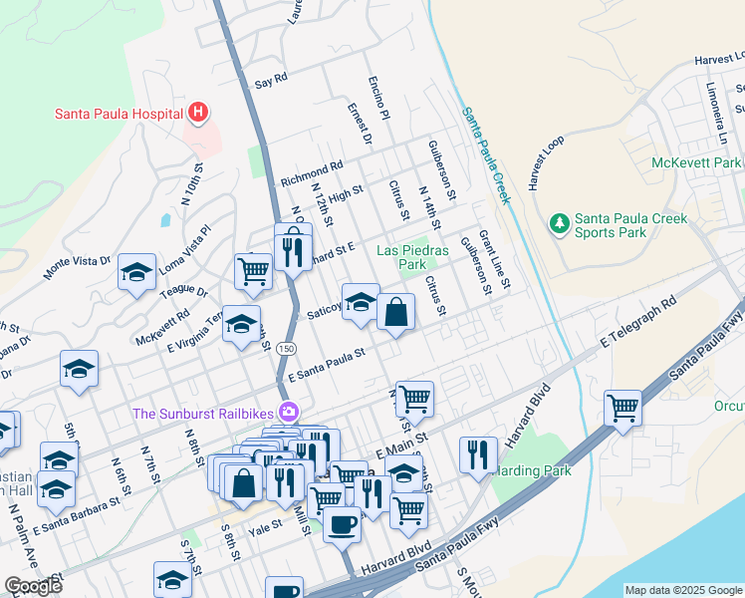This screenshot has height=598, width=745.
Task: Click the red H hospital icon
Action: click(198, 113)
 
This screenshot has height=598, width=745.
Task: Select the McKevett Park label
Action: click(696, 162)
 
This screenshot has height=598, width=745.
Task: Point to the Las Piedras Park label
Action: click(413, 257)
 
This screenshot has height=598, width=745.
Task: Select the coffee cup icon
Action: click(342, 522)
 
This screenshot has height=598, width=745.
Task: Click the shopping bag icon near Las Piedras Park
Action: click(395, 311)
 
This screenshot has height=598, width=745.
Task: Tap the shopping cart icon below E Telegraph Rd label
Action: click(622, 407)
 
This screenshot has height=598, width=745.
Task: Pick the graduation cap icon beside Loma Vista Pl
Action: click(136, 272)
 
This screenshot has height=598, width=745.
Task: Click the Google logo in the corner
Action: click(33, 586)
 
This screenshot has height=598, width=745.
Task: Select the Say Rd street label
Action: click(271, 77)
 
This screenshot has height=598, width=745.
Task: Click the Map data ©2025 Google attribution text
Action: click(683, 590)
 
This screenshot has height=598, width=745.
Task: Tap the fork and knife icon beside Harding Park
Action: click(478, 454)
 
